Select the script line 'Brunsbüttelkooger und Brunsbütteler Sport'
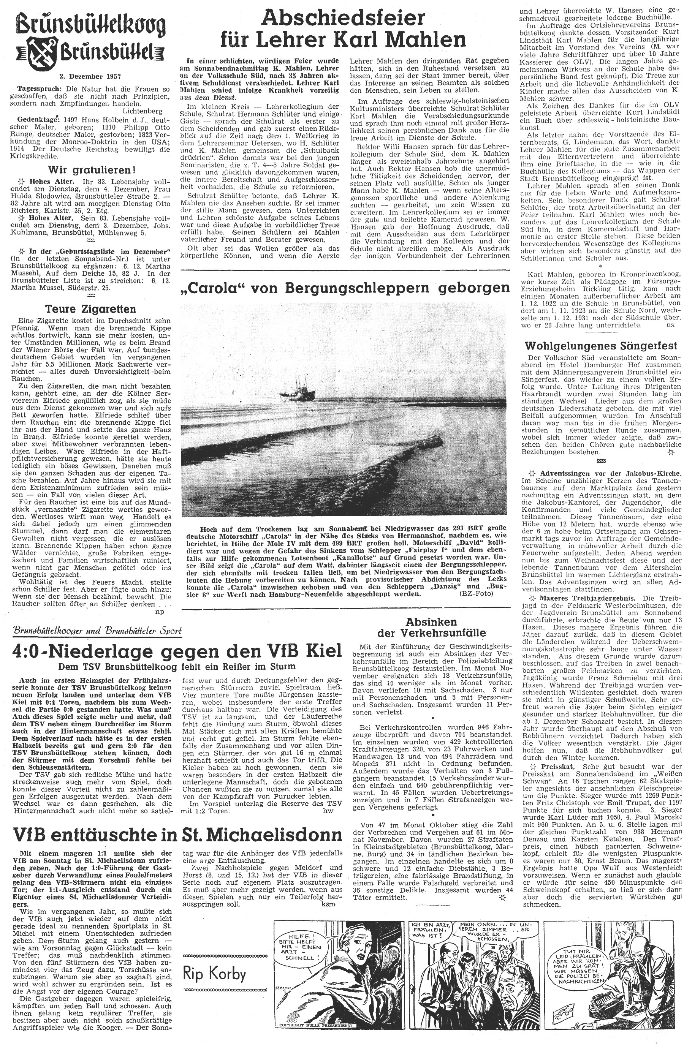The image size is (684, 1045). (98, 631)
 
